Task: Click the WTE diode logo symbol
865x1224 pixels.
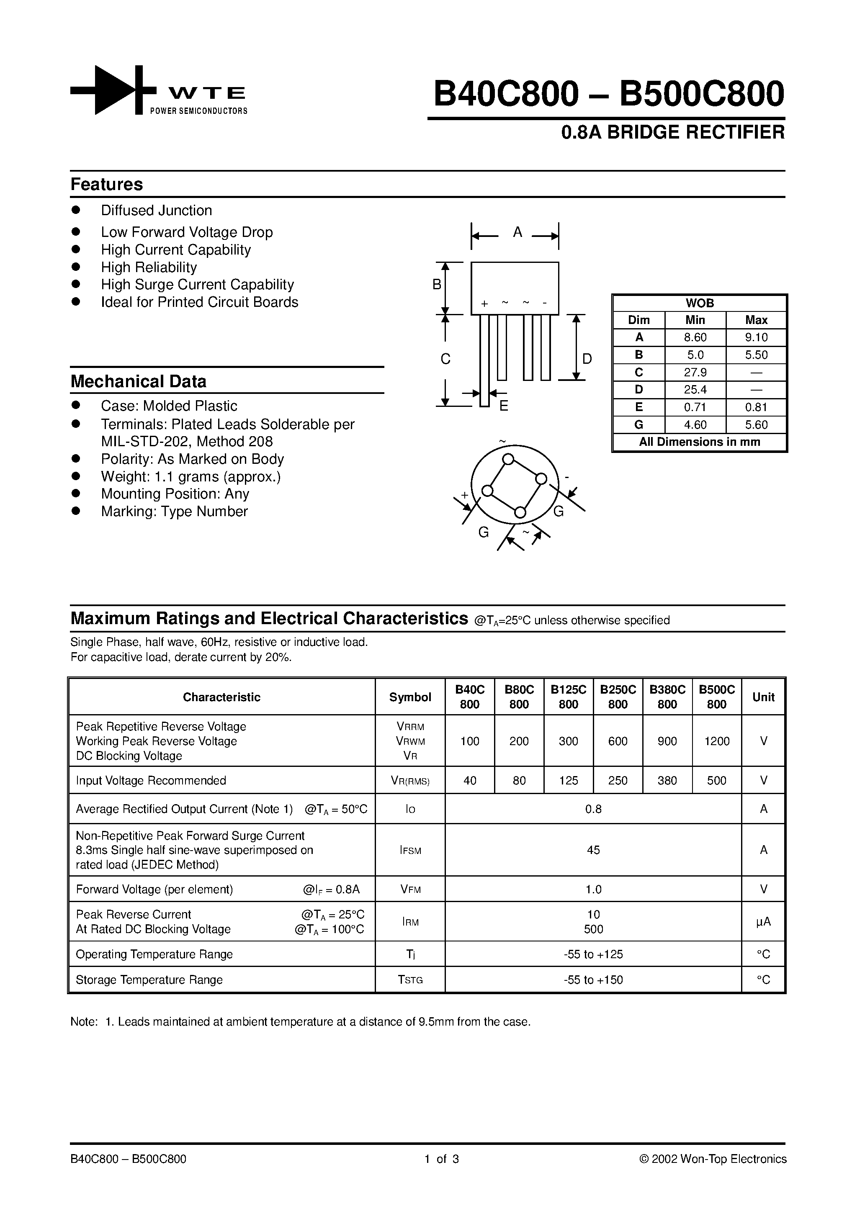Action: (x=113, y=90)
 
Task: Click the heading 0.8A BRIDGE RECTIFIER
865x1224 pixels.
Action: (x=672, y=132)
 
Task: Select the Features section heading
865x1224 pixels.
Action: (x=107, y=185)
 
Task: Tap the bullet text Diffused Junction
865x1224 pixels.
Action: (x=156, y=211)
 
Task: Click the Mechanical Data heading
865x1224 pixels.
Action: (x=138, y=382)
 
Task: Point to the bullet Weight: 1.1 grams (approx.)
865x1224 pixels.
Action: (x=191, y=477)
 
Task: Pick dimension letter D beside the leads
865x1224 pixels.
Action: (x=587, y=359)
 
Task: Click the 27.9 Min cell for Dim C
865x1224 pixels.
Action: (x=695, y=372)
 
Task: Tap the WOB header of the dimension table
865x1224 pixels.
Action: (x=699, y=303)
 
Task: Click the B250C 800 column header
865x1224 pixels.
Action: (x=618, y=697)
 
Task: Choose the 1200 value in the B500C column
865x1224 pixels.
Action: (x=716, y=741)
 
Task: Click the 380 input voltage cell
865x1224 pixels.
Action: (x=667, y=780)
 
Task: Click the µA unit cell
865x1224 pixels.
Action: (x=763, y=922)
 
